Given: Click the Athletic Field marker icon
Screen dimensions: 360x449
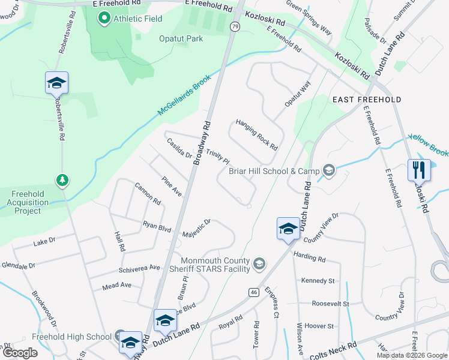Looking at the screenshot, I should (104, 19).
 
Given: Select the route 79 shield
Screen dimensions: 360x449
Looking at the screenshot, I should (234, 26).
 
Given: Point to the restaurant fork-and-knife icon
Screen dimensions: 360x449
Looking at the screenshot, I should (418, 170).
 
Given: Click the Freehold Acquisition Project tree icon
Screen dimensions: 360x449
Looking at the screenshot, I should (61, 179).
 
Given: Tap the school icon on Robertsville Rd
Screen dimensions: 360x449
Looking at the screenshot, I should (56, 83).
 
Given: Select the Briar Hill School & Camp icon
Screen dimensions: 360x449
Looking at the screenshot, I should (328, 171).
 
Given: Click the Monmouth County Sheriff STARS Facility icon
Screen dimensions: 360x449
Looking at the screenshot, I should (259, 264).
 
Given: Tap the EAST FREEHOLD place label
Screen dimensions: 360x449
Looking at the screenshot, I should (366, 99).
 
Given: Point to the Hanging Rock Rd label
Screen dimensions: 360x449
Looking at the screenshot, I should (256, 134).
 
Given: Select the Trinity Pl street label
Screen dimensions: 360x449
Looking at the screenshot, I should (217, 157).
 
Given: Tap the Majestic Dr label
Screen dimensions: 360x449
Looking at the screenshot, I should (196, 227).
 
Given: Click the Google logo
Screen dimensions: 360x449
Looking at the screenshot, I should (20, 353).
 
